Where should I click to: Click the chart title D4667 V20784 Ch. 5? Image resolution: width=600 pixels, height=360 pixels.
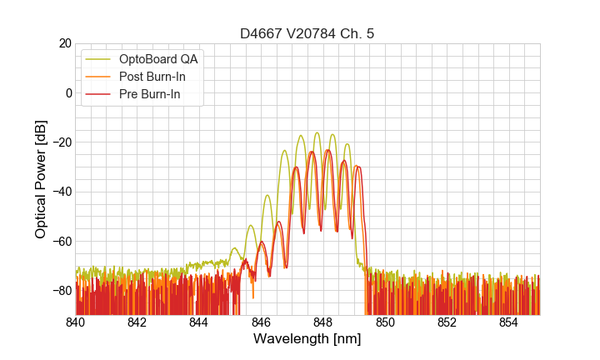307,33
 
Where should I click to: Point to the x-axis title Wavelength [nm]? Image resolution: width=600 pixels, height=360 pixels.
307,339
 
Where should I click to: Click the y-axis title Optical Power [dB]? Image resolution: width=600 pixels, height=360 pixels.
41,179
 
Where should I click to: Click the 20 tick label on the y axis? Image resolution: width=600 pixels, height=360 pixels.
64,43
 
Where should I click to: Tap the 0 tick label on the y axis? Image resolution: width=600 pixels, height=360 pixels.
67,92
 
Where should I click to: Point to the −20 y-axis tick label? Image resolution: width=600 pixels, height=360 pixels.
60,142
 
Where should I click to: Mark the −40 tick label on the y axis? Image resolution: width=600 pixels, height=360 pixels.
60,192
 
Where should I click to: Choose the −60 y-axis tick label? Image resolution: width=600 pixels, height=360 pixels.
60,241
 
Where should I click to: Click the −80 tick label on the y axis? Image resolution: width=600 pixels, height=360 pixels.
60,291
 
